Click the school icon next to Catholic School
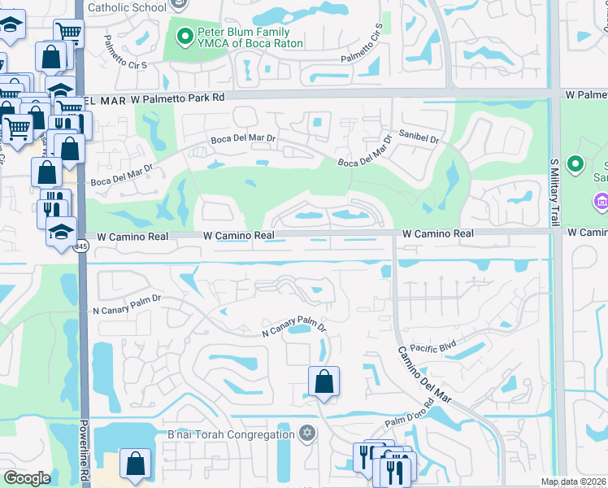180,6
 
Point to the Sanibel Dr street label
419,139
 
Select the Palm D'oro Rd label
410,423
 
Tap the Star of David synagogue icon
307,432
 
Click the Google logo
27,478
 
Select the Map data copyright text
574,481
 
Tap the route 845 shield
80,248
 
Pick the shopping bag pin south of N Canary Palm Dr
324,381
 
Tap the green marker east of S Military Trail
576,165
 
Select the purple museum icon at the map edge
601,200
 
